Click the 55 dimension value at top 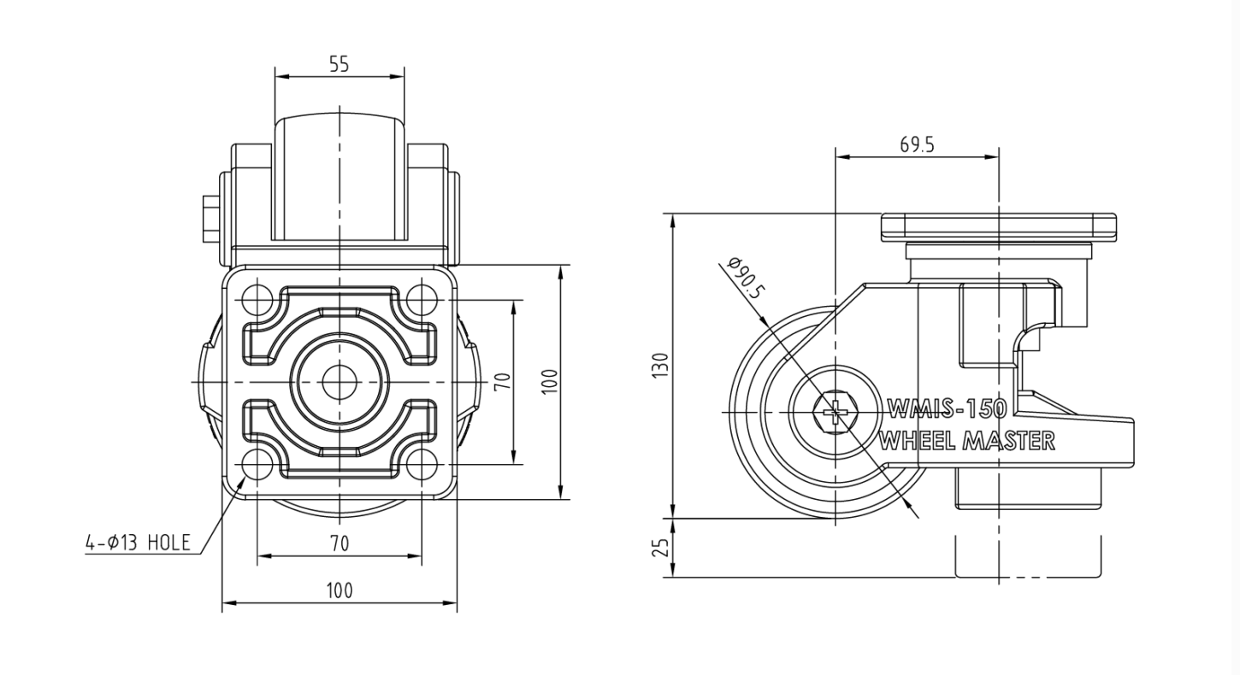[x=340, y=64]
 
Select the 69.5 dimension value [x=917, y=144]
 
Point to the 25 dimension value [x=661, y=548]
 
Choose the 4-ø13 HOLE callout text [x=138, y=543]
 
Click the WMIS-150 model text [x=947, y=409]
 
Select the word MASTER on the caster [x=1008, y=441]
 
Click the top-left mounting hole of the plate [x=257, y=301]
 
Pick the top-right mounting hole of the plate [x=422, y=301]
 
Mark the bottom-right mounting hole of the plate [x=422, y=464]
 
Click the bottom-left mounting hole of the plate [x=257, y=464]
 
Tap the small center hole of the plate [x=340, y=382]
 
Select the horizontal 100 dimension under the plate [x=340, y=591]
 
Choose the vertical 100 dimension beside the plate [x=549, y=381]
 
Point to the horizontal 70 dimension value [x=340, y=543]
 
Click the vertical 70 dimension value [x=502, y=381]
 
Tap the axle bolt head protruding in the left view [x=211, y=219]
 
